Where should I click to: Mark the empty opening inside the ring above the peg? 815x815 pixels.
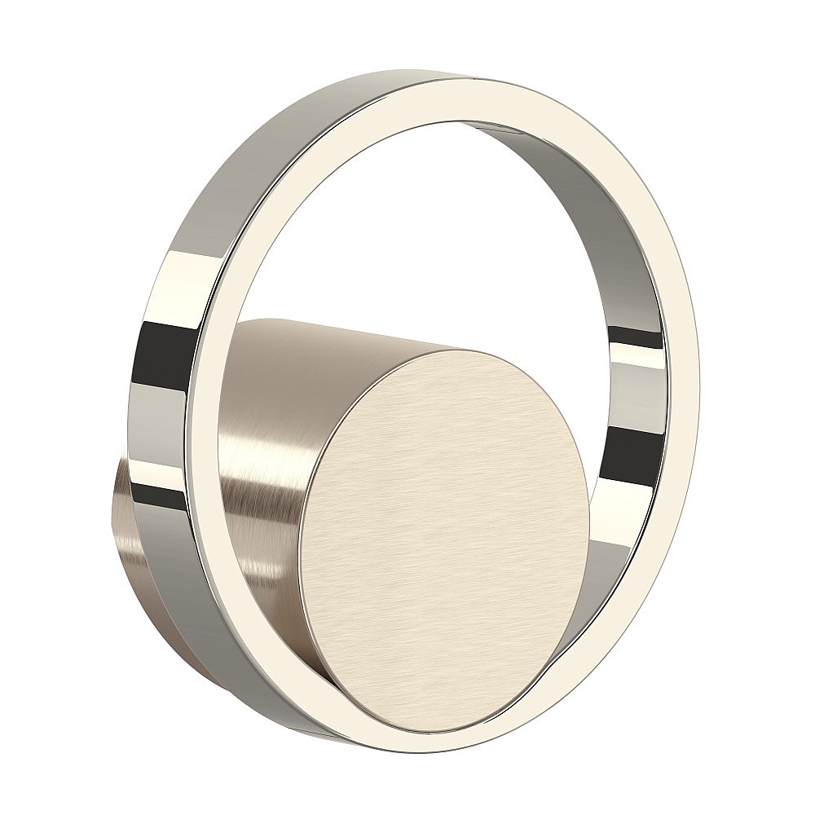[x=407, y=228]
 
